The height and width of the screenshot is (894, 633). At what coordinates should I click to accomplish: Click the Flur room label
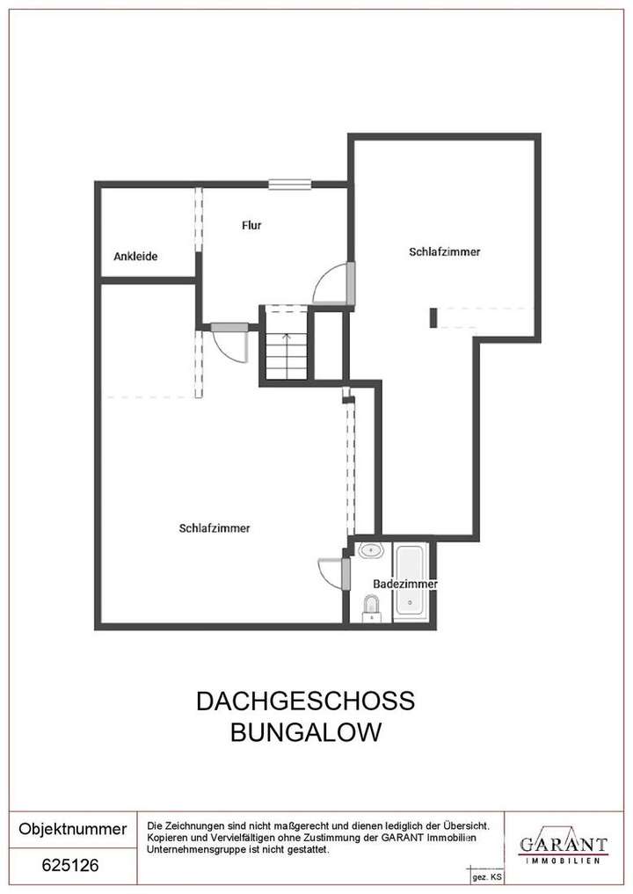(251, 225)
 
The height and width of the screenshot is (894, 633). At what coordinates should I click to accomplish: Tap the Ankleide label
(135, 257)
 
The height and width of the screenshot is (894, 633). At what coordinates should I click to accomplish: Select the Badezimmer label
(405, 584)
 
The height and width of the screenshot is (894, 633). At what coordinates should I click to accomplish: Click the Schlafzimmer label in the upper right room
(445, 252)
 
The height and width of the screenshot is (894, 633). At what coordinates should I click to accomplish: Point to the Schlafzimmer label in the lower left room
(215, 528)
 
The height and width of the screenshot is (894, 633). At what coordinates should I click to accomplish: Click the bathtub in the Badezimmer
(410, 580)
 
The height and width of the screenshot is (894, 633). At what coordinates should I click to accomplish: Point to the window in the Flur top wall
(289, 184)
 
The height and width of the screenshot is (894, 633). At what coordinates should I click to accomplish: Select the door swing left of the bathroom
(331, 574)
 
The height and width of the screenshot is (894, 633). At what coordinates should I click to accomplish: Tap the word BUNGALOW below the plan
(305, 732)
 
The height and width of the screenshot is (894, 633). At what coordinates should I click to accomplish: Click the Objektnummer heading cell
(73, 829)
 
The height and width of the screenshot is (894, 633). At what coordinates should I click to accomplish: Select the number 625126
(70, 865)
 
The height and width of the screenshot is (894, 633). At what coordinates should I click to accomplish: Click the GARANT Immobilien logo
(563, 847)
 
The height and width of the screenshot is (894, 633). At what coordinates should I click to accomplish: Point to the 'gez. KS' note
(487, 877)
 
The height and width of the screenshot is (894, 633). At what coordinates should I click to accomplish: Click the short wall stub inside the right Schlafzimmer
(433, 317)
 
